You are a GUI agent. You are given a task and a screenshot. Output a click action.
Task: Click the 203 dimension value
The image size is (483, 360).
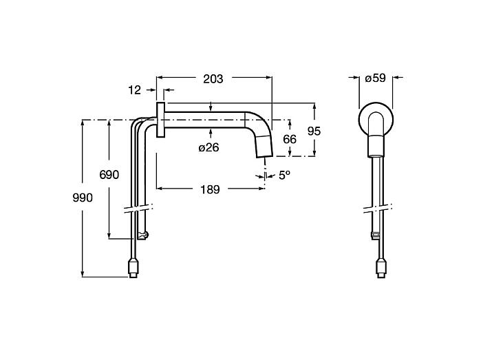(x=213, y=79)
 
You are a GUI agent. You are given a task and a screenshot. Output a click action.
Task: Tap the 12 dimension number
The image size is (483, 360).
(x=134, y=90)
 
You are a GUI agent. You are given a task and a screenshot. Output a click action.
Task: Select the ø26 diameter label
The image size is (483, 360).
(x=208, y=147)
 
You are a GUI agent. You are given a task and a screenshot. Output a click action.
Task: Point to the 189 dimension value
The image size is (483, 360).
(x=210, y=189)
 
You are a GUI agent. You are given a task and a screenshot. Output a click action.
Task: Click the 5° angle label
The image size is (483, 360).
(x=284, y=176)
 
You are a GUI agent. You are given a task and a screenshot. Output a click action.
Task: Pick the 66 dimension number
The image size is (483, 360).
(x=290, y=139)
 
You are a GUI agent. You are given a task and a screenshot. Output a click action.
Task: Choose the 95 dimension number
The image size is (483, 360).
(x=314, y=131)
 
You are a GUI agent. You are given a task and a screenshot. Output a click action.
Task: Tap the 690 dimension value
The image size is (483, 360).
(x=109, y=175)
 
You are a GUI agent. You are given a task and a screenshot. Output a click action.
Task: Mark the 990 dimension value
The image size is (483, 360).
(x=83, y=198)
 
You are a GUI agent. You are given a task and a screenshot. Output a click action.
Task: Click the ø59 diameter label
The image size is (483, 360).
(x=375, y=78)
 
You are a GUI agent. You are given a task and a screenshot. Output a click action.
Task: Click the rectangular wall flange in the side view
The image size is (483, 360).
(x=160, y=119)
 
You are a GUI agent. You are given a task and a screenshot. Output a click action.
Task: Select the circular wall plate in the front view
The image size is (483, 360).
(x=359, y=118)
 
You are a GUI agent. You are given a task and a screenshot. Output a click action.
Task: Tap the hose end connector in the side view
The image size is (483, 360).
(x=133, y=268)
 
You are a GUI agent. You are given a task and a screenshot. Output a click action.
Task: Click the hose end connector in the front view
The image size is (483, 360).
(x=381, y=268)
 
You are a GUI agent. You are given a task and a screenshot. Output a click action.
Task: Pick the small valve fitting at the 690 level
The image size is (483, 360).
(x=142, y=235)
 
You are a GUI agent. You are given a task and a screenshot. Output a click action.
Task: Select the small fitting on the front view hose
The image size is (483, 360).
(x=376, y=235)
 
